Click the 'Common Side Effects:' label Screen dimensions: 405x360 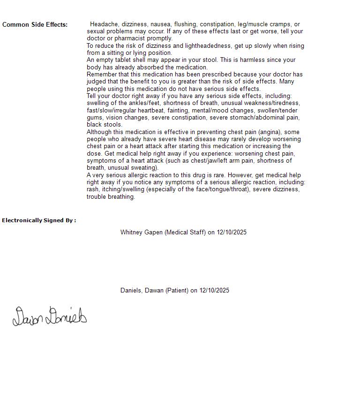point(35,25)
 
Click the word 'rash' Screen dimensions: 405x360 point(93,189)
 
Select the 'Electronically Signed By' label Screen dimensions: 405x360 point(39,220)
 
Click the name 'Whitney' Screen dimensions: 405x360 point(131,232)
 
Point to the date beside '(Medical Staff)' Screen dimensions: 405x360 point(232,232)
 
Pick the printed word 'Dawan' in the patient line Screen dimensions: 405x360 point(154,291)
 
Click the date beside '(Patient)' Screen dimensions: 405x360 point(214,291)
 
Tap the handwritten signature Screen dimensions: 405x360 point(49,317)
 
